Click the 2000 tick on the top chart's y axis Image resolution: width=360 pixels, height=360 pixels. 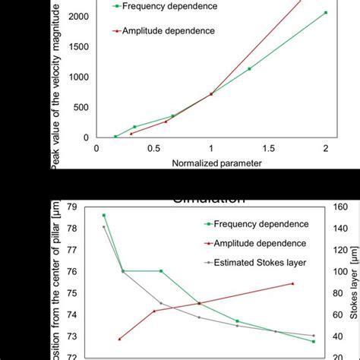coord(78,16)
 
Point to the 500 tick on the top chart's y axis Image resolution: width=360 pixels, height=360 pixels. coord(81,107)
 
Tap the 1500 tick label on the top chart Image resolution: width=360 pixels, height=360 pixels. coord(78,46)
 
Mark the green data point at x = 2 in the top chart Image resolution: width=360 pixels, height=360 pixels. coord(326,13)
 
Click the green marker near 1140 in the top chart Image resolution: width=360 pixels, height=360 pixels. coord(249,68)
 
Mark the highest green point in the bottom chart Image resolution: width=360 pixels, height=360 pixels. coord(104,216)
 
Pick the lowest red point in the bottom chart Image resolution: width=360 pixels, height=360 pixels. coord(119,339)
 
